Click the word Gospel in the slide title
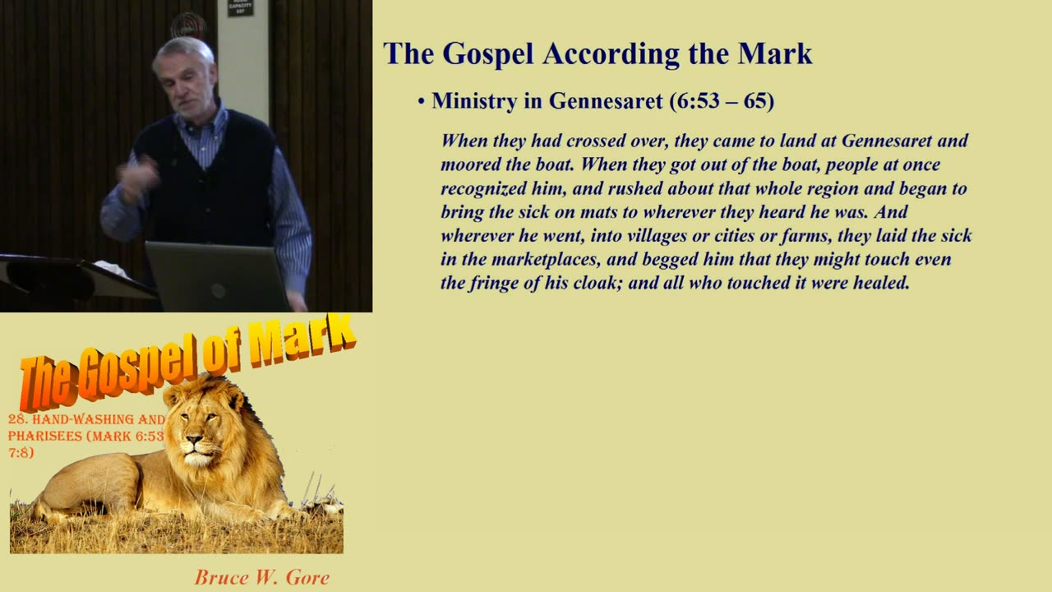pos(488,54)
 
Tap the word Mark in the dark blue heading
pos(775,53)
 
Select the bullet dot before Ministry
pos(422,101)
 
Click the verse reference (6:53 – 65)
pos(722,100)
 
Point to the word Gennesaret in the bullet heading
pos(606,100)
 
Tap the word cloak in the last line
pos(598,283)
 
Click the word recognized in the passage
pos(483,188)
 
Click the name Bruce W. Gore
pos(262,577)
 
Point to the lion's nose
pos(194,440)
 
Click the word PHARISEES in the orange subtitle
pos(45,436)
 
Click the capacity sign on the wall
pos(241,7)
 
